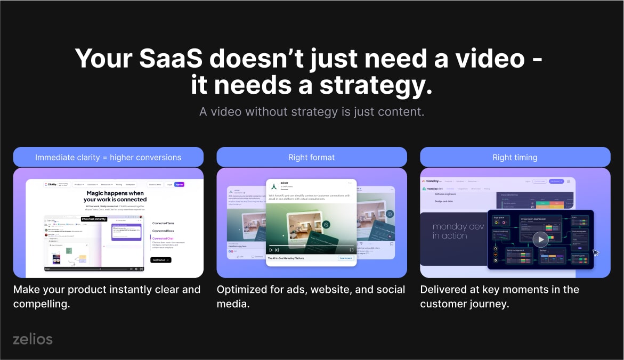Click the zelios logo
[x=33, y=339]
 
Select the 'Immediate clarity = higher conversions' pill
[x=108, y=157]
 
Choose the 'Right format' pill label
[x=312, y=157]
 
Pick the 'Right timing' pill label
[x=515, y=157]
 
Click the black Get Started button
[x=160, y=260]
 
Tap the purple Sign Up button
[x=179, y=184]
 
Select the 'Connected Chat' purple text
[x=163, y=238]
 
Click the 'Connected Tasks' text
[x=163, y=223]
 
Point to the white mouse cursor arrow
[x=596, y=252]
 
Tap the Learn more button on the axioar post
[x=346, y=258]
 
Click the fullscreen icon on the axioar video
[x=352, y=249]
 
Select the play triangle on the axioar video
[x=271, y=249]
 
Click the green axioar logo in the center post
[x=273, y=186]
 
